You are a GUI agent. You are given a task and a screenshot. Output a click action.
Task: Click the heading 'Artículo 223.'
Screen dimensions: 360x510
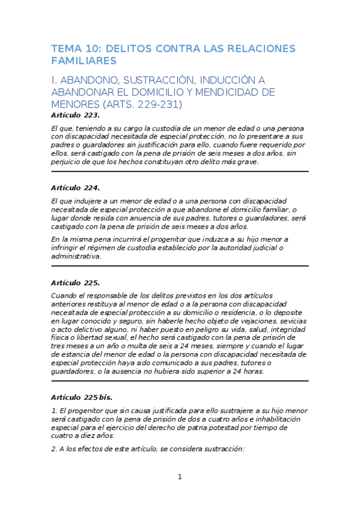pyautogui.click(x=75, y=114)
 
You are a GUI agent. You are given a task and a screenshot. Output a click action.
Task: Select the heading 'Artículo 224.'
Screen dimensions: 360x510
pyautogui.click(x=75, y=188)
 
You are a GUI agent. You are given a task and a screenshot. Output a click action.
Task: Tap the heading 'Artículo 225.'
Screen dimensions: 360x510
pyautogui.click(x=75, y=282)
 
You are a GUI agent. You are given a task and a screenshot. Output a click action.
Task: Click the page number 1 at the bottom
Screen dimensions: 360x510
pyautogui.click(x=179, y=477)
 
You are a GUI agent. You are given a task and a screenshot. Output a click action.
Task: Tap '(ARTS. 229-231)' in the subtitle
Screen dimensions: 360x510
pyautogui.click(x=144, y=104)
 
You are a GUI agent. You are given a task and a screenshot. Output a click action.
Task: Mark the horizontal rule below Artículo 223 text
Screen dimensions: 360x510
pyautogui.click(x=180, y=171)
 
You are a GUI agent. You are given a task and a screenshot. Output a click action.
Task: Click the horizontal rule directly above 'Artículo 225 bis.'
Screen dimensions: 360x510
pyautogui.click(x=180, y=380)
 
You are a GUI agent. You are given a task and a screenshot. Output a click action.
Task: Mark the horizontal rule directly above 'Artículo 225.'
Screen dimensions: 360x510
pyautogui.click(x=180, y=266)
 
